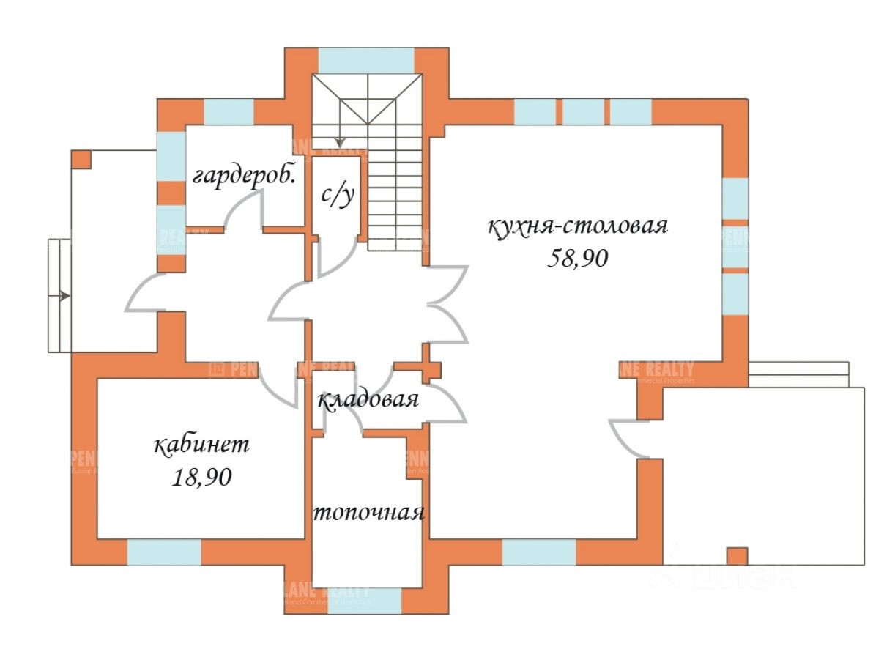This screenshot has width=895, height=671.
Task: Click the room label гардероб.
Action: pos(245,177)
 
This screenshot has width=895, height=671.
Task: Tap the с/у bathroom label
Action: pos(338,195)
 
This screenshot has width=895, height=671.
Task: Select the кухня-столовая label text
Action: pos(578,225)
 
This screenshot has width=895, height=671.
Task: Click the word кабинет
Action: pos(202,445)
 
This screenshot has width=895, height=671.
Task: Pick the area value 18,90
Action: pos(202,478)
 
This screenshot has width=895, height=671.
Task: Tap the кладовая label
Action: pos(368,400)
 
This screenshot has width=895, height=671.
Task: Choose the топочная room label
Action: pos(368,512)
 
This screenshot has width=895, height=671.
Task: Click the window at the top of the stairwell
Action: pos(366,60)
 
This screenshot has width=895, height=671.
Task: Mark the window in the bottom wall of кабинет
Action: pos(164,552)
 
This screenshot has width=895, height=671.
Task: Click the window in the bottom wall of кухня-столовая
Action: pos(538,552)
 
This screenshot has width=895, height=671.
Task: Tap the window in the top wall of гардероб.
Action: pos(229,111)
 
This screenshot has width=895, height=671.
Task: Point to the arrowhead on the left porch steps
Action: pos(65,297)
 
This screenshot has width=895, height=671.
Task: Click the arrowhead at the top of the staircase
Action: pos(340,141)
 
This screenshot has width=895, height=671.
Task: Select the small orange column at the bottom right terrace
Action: pos(737,556)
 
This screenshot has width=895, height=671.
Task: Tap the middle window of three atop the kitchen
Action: pos(583,111)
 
